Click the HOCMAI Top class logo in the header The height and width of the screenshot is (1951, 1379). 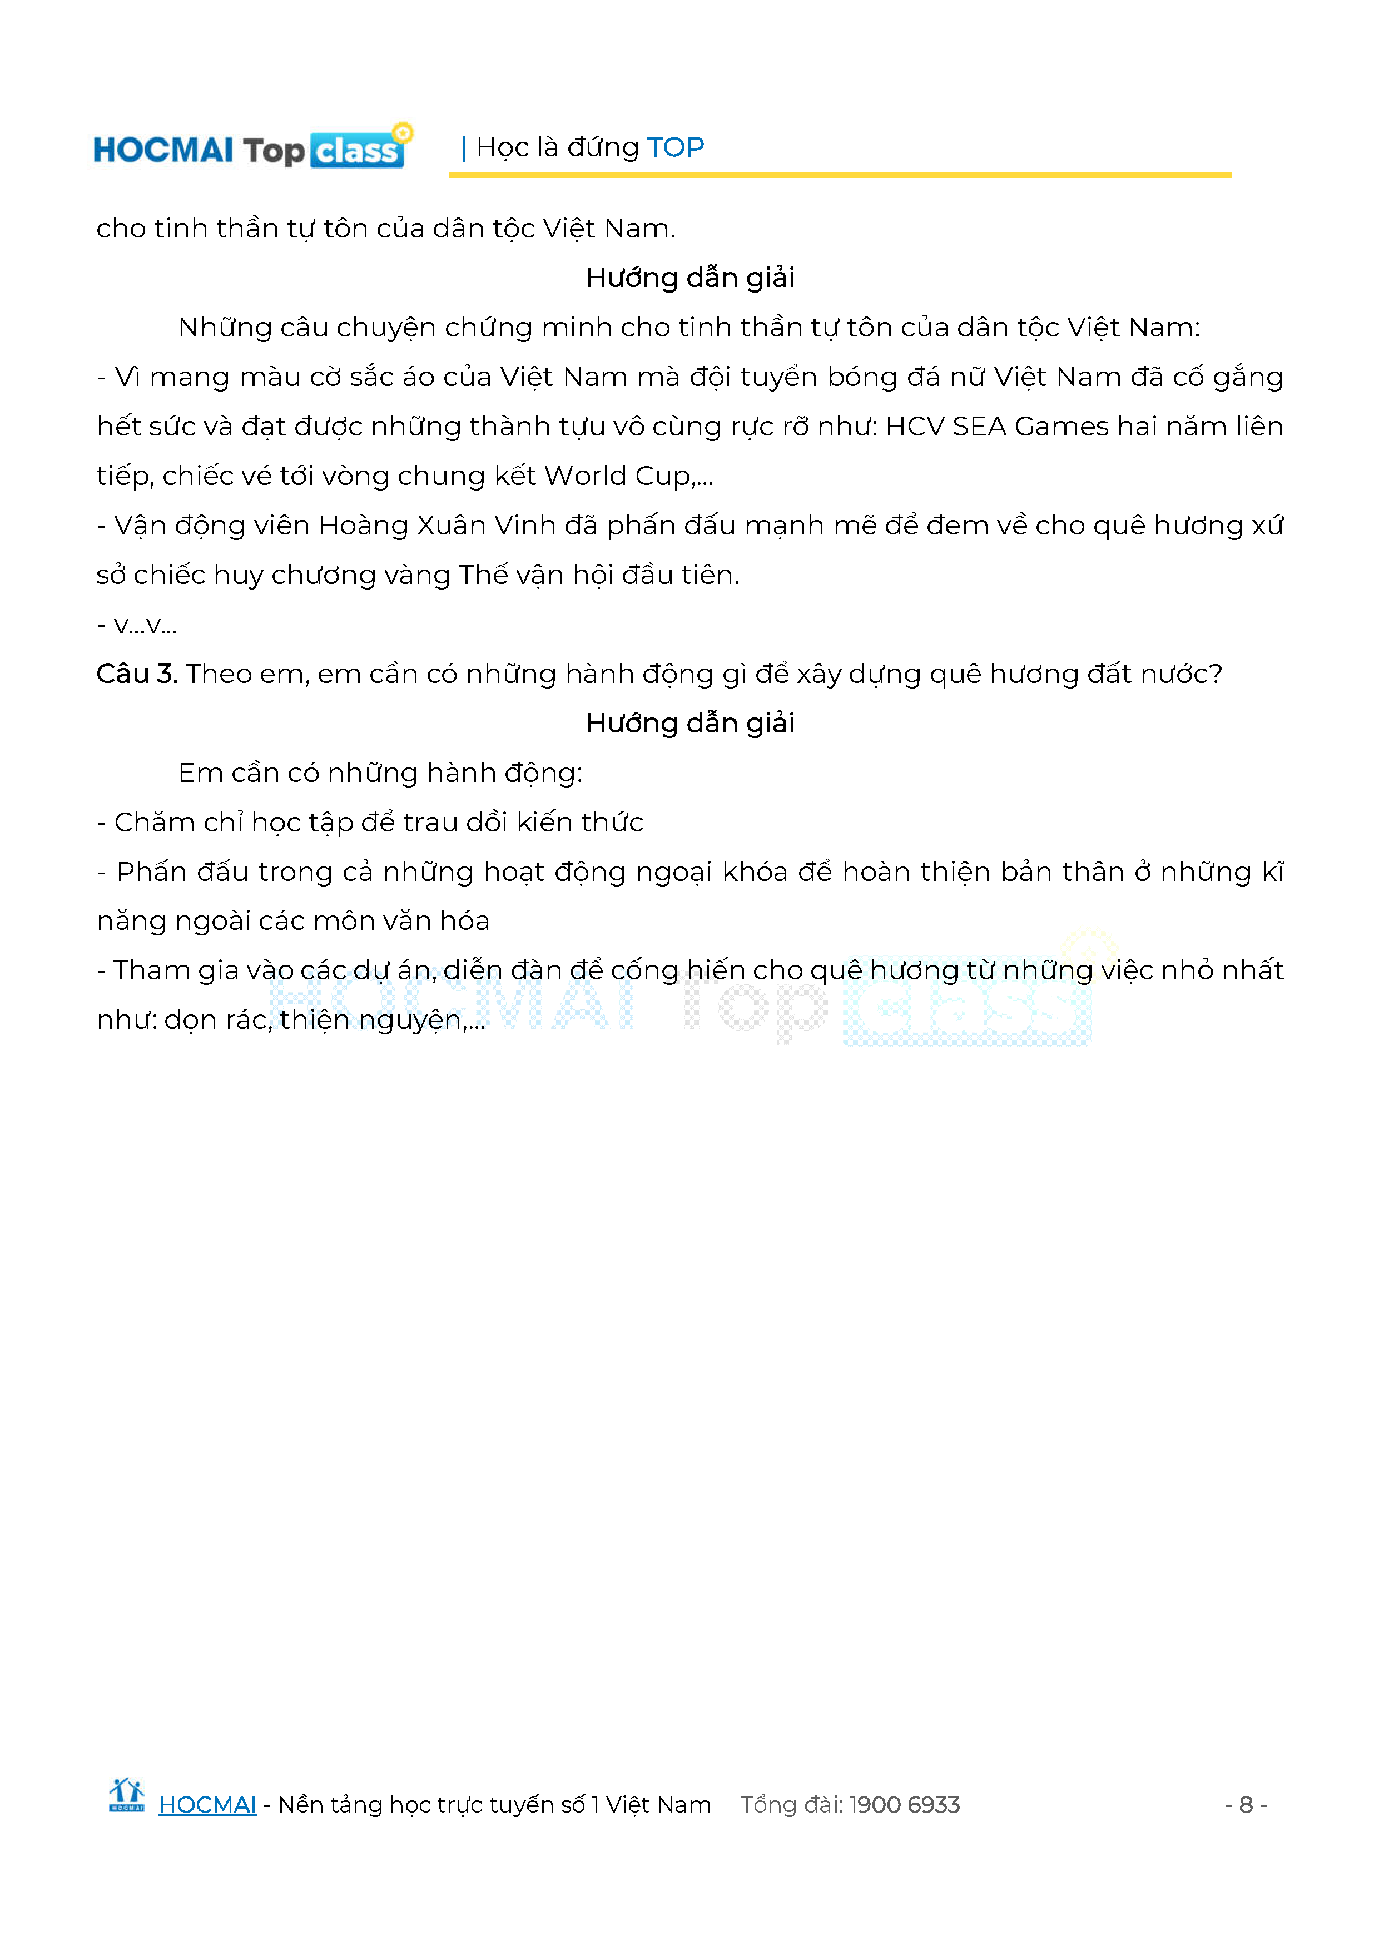click(251, 148)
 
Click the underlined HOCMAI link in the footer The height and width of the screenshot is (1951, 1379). click(207, 1804)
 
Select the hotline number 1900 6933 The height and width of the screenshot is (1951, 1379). click(904, 1804)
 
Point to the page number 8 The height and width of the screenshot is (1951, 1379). click(1246, 1804)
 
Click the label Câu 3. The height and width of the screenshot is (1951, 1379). click(136, 674)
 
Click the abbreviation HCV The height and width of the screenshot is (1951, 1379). click(914, 427)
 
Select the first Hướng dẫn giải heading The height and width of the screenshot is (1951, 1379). click(689, 278)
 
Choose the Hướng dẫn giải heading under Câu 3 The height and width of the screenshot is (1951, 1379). click(689, 723)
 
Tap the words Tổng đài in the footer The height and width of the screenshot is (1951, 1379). click(790, 1804)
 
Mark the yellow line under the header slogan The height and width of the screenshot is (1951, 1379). click(840, 175)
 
